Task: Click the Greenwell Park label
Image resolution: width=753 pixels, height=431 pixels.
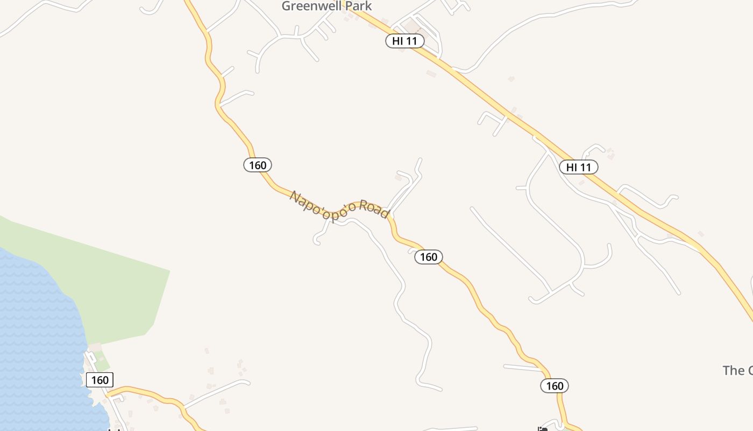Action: pos(326,6)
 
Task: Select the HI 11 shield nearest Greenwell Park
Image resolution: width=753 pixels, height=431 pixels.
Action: pos(405,41)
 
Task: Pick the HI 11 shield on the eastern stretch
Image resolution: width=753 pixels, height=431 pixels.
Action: pos(579,167)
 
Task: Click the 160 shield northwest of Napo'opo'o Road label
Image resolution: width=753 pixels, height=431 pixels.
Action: pos(258,165)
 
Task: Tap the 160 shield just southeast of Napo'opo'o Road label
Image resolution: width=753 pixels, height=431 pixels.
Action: pos(429,257)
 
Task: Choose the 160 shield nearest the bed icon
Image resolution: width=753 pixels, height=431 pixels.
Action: pos(555,386)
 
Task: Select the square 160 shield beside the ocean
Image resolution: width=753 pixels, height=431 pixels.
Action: pos(100,380)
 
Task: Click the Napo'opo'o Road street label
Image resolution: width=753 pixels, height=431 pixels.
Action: pos(339,205)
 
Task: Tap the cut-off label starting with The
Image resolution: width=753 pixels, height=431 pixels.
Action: pos(737,370)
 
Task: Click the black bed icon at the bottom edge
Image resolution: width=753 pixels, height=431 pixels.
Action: pos(543,429)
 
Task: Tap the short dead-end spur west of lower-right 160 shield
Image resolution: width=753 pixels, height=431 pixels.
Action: pos(522,367)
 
